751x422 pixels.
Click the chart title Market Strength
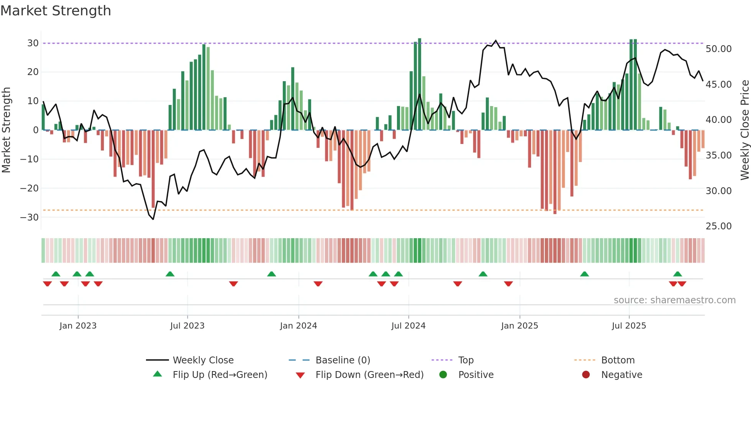[x=56, y=11]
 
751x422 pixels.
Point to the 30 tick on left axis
[x=33, y=43]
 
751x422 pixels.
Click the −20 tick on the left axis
[x=30, y=188]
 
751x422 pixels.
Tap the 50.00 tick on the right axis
[x=718, y=49]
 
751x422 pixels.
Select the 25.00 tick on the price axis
[x=718, y=226]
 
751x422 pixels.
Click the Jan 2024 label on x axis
[x=298, y=326]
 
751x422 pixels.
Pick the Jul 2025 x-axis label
[x=629, y=326]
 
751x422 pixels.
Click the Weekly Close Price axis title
[x=744, y=130]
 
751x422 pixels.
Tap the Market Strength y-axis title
[x=6, y=130]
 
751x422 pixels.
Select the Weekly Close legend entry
[x=203, y=360]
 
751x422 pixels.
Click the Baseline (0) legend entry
[x=343, y=360]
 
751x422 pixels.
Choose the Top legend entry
[x=466, y=360]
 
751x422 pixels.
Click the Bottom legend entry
[x=618, y=360]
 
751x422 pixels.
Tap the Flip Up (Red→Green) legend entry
[x=220, y=375]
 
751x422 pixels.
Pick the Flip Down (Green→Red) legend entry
[x=369, y=375]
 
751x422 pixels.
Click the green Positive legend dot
[x=443, y=375]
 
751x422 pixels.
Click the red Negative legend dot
[x=586, y=375]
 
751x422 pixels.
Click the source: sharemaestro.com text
[x=674, y=300]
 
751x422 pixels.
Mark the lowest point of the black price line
[x=153, y=219]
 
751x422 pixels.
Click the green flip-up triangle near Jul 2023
[x=170, y=274]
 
